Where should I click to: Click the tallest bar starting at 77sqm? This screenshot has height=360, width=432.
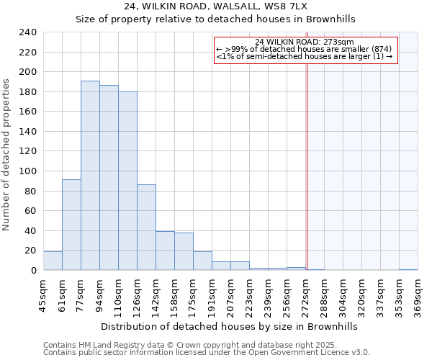pyautogui.click(x=90, y=176)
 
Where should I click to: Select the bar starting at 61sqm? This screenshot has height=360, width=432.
pyautogui.click(x=71, y=225)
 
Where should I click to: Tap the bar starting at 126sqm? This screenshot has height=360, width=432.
pyautogui.click(x=146, y=228)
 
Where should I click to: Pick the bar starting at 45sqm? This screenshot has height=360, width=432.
pyautogui.click(x=53, y=261)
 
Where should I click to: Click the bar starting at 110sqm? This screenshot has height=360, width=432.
pyautogui.click(x=127, y=181)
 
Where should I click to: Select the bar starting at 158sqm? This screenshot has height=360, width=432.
pyautogui.click(x=184, y=251)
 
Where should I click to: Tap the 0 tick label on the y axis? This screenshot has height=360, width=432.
pyautogui.click(x=33, y=271)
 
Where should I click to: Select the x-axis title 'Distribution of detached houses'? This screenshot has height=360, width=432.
pyautogui.click(x=229, y=326)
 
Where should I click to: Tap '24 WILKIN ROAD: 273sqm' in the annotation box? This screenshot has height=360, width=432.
pyautogui.click(x=304, y=42)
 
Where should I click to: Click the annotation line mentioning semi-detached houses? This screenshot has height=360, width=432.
pyautogui.click(x=304, y=56)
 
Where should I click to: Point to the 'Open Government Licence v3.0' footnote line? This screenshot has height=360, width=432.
pyautogui.click(x=207, y=352)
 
